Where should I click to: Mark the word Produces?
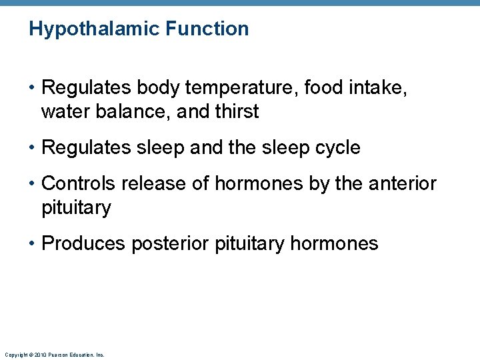point(83,243)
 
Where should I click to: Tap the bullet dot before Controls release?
point(33,184)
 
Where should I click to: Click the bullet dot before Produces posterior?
point(33,244)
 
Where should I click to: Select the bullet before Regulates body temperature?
point(33,88)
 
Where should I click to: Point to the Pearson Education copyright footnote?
point(54,355)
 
